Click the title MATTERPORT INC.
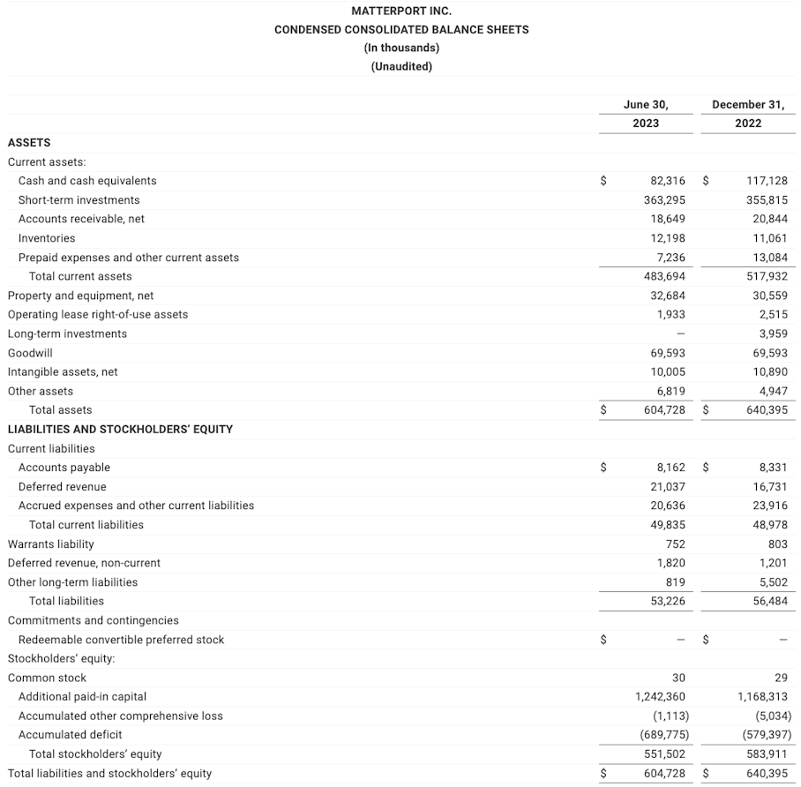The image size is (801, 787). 401,11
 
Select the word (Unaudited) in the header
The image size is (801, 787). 401,66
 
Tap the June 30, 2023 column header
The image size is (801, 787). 645,114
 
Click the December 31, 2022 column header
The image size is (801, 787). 748,114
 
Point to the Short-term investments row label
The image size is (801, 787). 79,200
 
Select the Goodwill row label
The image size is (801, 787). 30,353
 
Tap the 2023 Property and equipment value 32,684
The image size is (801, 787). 667,296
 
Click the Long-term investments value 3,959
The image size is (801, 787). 772,334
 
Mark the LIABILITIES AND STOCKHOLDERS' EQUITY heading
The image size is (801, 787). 120,429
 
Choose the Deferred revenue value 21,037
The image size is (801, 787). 667,487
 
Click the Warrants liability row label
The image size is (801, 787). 50,544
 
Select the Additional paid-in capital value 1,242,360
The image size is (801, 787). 660,697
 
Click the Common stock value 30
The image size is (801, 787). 677,678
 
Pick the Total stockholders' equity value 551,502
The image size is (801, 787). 664,754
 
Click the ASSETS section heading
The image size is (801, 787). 29,142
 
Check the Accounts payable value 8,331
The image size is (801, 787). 772,468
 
